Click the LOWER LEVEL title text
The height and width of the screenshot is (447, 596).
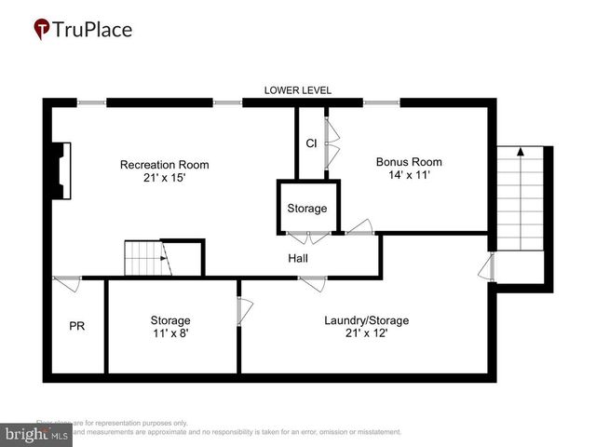pos(298,90)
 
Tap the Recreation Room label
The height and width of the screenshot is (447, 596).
pos(164,165)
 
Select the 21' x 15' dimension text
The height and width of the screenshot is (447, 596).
pos(164,178)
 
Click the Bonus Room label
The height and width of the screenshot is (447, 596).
pos(402,161)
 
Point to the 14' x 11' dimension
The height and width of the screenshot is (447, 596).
pos(402,174)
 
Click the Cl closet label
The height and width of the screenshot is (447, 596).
pos(311,143)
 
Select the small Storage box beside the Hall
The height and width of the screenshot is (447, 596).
pos(307,208)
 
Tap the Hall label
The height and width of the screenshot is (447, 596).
pos(298,258)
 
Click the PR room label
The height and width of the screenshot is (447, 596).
pos(77,327)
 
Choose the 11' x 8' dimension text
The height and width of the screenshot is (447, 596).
pos(170,333)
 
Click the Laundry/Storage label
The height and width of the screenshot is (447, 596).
pos(366,320)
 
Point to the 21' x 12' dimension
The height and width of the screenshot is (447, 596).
pos(366,333)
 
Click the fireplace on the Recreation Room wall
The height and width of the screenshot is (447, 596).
pos(60,169)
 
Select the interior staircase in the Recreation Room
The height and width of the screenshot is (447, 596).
pos(145,257)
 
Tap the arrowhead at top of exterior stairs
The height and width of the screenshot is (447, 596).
pos(521,149)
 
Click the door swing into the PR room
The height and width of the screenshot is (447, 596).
pos(67,283)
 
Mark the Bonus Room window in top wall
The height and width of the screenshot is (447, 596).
pos(380,102)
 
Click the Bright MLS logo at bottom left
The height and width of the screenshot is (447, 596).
pos(37,433)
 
